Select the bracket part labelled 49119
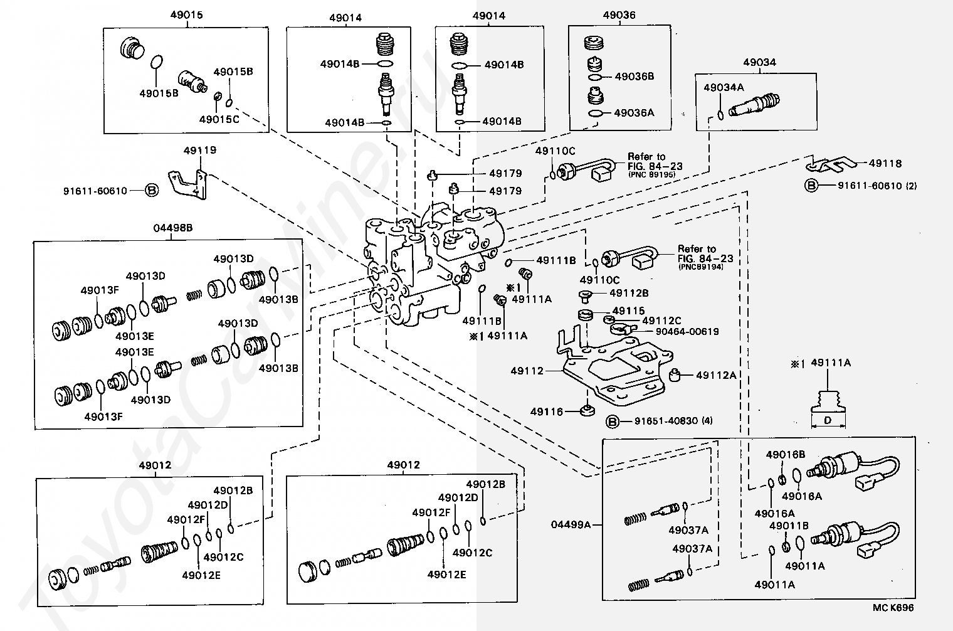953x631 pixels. tap(188, 184)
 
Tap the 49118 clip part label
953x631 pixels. tap(885, 164)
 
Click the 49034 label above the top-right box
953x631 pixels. tap(759, 63)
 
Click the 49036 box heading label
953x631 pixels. tap(619, 16)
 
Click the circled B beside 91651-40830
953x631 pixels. tap(613, 421)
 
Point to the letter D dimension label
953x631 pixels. tap(828, 420)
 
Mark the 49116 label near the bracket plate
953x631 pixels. tap(547, 412)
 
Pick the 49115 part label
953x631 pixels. tap(628, 310)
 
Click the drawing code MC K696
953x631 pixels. tap(893, 608)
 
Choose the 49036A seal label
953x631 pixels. tap(634, 113)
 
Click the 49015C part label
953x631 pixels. tap(219, 119)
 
